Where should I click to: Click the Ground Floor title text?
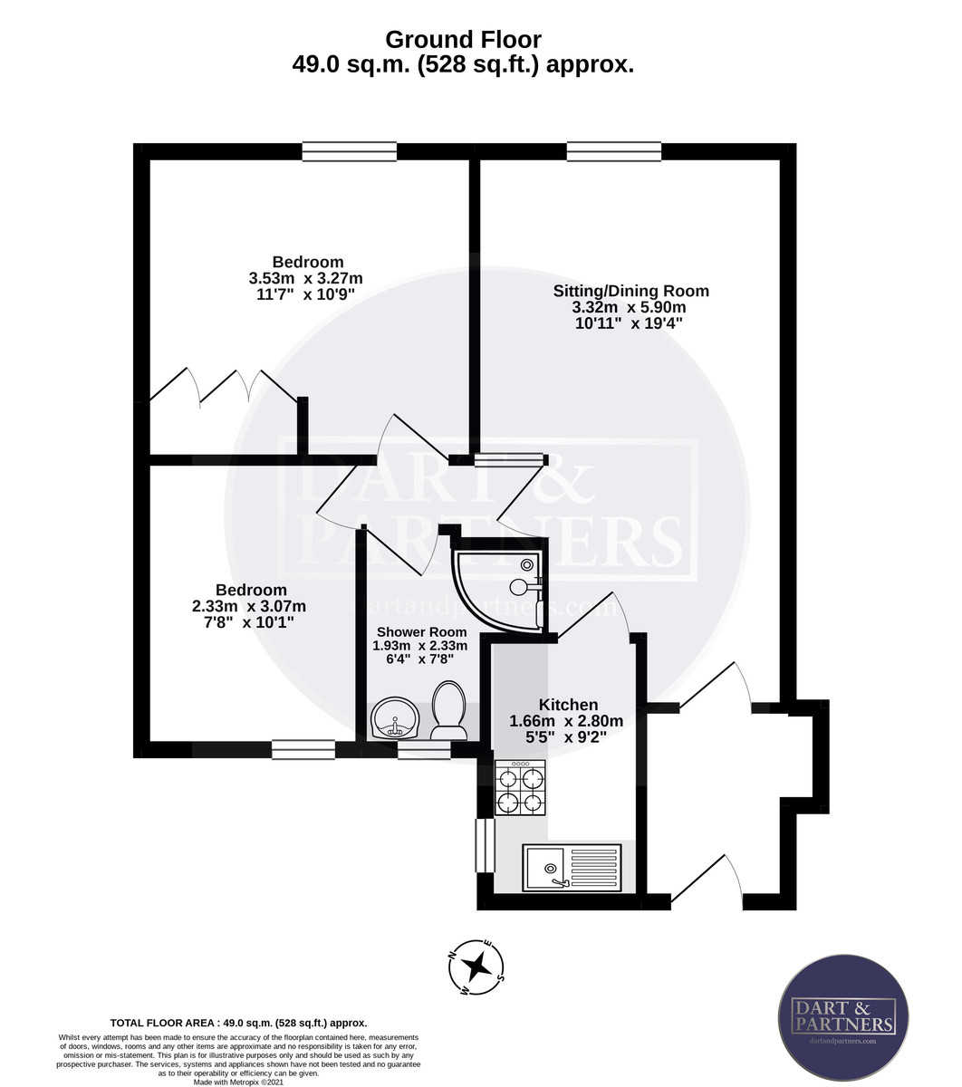463,40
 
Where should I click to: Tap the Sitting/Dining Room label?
630,291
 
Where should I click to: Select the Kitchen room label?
568,705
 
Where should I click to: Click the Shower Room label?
421,631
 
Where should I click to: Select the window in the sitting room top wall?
614,151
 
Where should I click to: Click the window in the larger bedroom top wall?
349,151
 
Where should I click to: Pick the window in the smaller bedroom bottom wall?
303,749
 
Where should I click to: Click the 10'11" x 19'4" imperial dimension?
629,323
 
